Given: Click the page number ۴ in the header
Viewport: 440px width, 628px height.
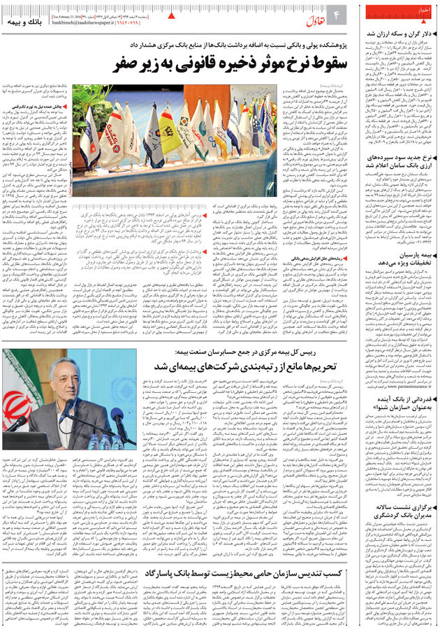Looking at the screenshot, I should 335,14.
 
